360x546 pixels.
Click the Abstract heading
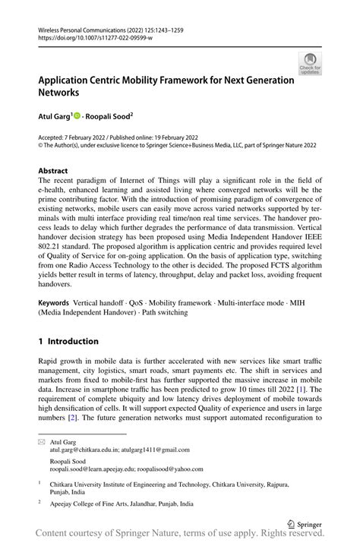tap(53, 171)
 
